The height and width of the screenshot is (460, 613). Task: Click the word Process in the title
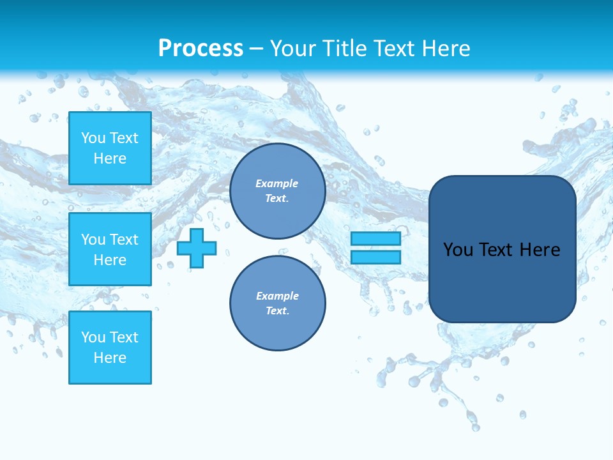(x=201, y=48)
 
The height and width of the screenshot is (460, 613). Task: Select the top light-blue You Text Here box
(x=110, y=148)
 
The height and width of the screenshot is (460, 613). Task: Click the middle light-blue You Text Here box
(x=110, y=249)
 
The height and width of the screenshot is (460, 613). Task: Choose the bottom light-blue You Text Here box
(x=110, y=348)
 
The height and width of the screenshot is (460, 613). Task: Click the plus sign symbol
(x=197, y=248)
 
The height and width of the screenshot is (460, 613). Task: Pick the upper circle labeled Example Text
(x=277, y=191)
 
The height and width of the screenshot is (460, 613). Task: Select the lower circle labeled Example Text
(x=277, y=303)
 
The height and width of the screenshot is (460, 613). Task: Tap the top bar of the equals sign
(x=375, y=239)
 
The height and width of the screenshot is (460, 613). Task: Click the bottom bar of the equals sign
(x=375, y=257)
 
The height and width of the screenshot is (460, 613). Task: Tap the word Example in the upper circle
(x=276, y=183)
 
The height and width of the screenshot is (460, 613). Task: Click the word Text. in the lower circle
(x=277, y=311)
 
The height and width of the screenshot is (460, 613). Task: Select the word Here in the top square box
(x=110, y=158)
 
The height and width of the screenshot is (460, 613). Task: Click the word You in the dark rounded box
(x=458, y=250)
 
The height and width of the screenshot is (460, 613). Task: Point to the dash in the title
(x=256, y=49)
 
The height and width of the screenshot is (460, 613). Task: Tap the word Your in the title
(x=292, y=49)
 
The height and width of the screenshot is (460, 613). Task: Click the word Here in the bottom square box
(x=110, y=358)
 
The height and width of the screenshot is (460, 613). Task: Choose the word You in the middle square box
(x=93, y=240)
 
